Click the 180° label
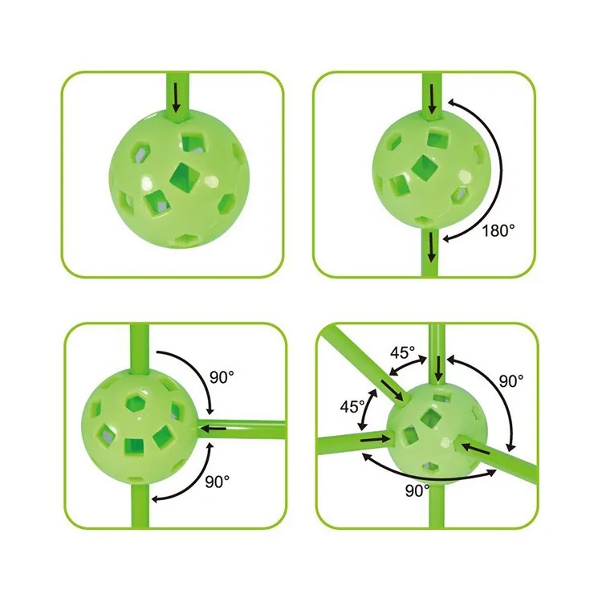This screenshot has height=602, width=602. point(498,230)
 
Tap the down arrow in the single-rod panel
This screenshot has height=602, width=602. point(177,98)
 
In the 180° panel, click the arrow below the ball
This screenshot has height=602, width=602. point(432,247)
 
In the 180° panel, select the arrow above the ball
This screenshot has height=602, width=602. point(433,100)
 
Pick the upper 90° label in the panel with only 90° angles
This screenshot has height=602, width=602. point(222,377)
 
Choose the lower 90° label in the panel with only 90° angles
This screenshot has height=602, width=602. point(218,482)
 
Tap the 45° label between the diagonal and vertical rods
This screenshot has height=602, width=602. point(403,352)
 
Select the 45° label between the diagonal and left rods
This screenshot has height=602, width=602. point(352,407)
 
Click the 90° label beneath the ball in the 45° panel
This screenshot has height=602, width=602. point(417,490)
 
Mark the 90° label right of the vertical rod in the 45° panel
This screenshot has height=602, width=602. point(511,380)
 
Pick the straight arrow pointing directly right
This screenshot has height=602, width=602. point(375,439)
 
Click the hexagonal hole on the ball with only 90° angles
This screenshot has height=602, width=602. point(135,403)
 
